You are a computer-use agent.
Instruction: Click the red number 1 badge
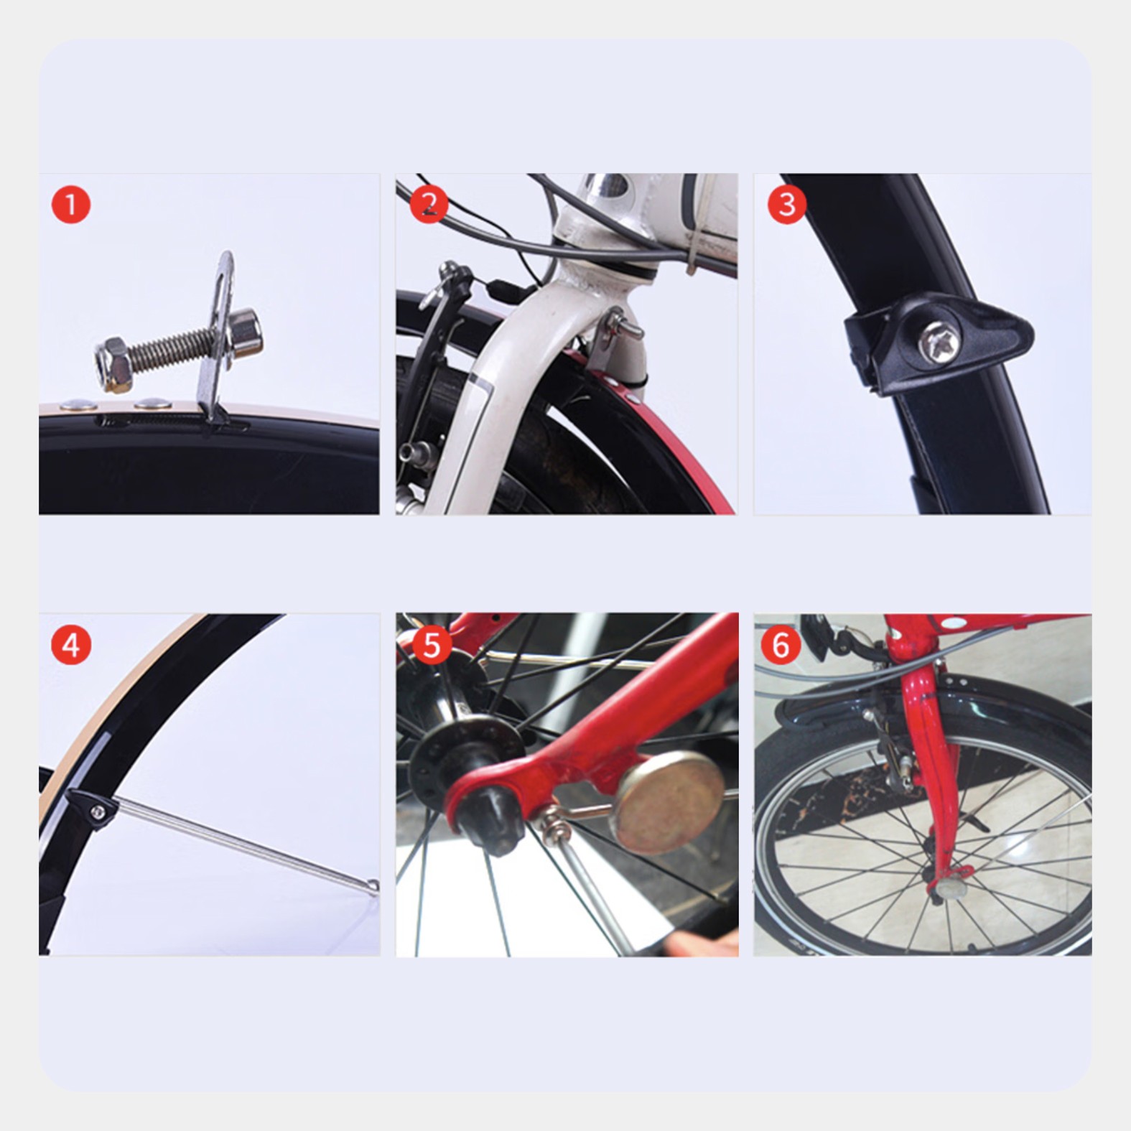[x=71, y=205]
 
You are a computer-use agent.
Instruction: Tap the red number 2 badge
[x=429, y=205]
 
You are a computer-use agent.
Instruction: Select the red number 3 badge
[x=787, y=205]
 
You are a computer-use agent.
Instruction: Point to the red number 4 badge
[x=71, y=645]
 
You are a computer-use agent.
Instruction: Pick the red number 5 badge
[x=431, y=645]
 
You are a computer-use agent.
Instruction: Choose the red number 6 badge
[x=781, y=645]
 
